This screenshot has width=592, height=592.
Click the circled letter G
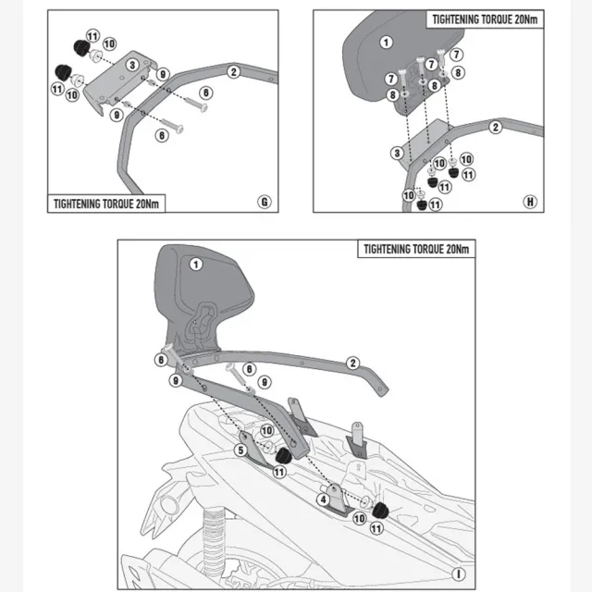[265, 202]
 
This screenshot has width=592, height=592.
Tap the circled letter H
[530, 202]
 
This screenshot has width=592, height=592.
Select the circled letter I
[459, 574]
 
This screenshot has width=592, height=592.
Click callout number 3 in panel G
[132, 65]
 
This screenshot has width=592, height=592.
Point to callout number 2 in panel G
[234, 72]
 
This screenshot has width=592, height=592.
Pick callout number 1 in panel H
[386, 43]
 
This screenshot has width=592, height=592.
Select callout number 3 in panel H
[397, 154]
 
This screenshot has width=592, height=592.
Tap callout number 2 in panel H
[496, 128]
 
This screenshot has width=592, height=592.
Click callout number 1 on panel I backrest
[195, 265]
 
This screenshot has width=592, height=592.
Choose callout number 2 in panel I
[352, 364]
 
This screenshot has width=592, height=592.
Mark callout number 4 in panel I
[323, 499]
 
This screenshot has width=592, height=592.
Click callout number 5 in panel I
[240, 450]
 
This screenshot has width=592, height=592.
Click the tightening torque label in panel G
[106, 203]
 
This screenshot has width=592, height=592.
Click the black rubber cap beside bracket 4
[380, 512]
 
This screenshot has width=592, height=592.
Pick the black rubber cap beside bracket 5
[284, 456]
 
